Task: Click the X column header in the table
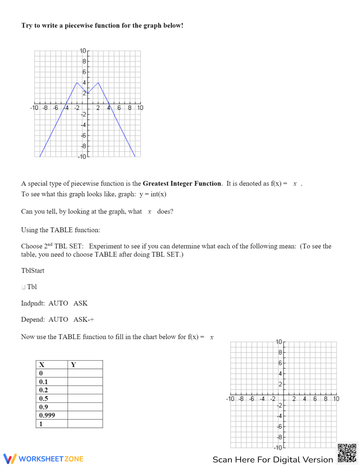coord(42,365)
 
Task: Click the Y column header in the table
coord(73,365)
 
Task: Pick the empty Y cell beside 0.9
coord(85,407)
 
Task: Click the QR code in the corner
coord(347,453)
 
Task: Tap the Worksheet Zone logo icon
coord(10,458)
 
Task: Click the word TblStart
coord(33,270)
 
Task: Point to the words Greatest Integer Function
coord(182,183)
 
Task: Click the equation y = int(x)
coord(153,194)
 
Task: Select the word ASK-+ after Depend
coord(84,319)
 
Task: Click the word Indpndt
coord(33,303)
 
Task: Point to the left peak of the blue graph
coord(77,82)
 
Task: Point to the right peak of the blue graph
coord(98,82)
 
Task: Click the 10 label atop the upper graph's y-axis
coord(83,51)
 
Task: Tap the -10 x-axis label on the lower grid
coord(230,399)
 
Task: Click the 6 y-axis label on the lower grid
coord(280,363)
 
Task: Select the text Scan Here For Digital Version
coord(273,460)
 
